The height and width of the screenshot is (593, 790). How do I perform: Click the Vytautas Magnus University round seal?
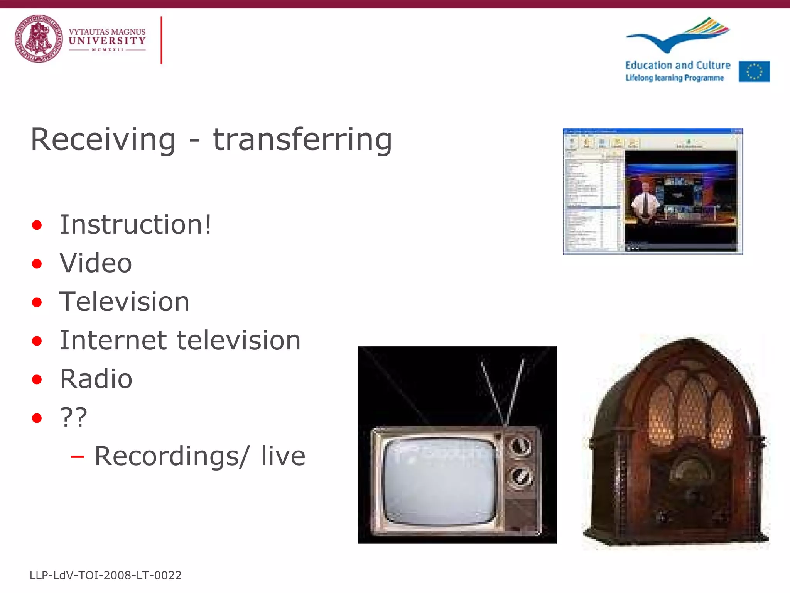[x=38, y=39]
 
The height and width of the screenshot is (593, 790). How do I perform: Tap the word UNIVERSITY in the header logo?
[x=107, y=41]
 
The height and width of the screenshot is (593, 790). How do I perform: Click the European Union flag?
[x=754, y=71]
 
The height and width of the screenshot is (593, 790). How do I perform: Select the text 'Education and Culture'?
[x=677, y=65]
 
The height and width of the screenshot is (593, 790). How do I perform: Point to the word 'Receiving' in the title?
[x=103, y=139]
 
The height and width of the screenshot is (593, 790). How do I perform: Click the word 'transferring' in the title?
[x=302, y=139]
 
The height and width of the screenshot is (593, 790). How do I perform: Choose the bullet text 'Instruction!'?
[x=135, y=224]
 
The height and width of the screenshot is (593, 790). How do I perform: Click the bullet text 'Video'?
[x=96, y=263]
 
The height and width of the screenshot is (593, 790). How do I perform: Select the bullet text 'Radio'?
[x=96, y=379]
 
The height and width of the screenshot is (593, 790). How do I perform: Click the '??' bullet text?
[x=74, y=417]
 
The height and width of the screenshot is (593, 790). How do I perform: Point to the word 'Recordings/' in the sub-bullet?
[x=172, y=456]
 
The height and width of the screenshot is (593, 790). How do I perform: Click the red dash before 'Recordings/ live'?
[x=77, y=457]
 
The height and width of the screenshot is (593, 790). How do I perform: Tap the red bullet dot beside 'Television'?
[x=37, y=302]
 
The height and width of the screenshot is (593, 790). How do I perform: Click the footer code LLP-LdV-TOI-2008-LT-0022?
[x=105, y=575]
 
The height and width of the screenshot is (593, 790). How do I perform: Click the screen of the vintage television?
[x=440, y=481]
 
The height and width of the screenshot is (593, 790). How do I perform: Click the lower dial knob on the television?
[x=520, y=478]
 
